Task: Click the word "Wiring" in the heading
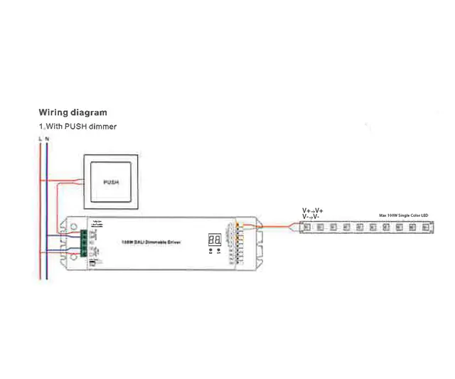(54, 112)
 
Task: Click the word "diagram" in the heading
(90, 112)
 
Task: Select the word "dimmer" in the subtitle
(102, 127)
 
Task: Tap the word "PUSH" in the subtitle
(74, 127)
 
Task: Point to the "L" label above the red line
(40, 138)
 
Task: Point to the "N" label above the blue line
(47, 138)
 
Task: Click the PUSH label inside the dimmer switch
(110, 182)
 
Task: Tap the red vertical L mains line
(40, 213)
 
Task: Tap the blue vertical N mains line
(47, 213)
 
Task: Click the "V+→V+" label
(312, 211)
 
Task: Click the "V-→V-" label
(311, 218)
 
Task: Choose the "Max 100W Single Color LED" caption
(402, 214)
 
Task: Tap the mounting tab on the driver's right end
(259, 242)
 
